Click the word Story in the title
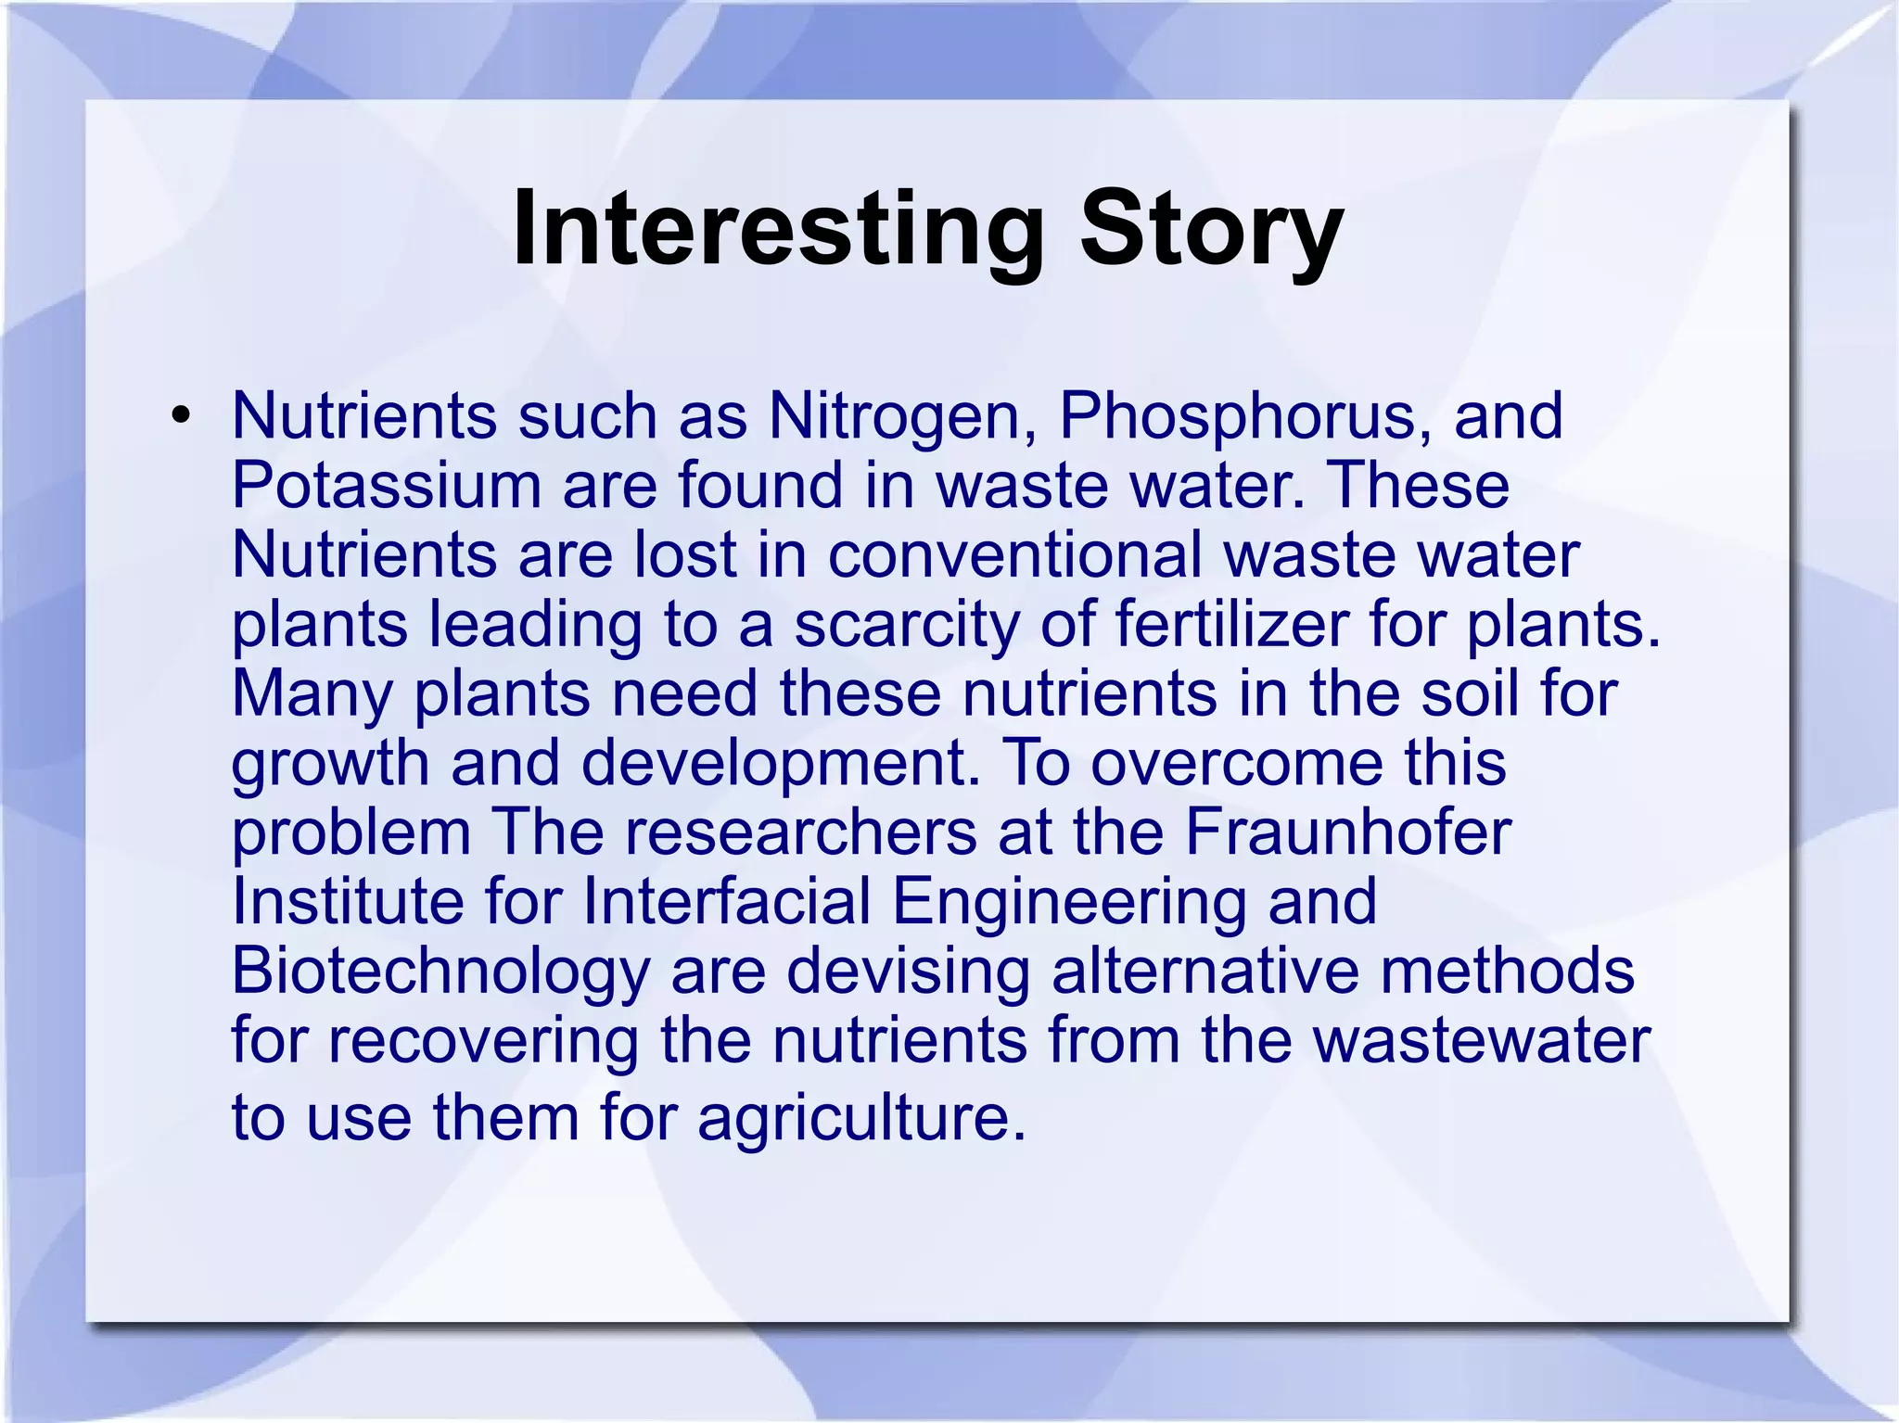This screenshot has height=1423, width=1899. pos(1211,228)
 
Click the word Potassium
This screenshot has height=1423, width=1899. pos(385,485)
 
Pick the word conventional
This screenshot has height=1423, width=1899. pos(1013,554)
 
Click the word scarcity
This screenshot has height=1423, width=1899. pos(905,624)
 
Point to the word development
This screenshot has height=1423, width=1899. pos(781,763)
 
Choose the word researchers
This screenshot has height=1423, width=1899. pos(800,832)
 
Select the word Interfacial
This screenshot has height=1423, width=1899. pos(727,901)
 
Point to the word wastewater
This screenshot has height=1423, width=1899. pos(1481,1040)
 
